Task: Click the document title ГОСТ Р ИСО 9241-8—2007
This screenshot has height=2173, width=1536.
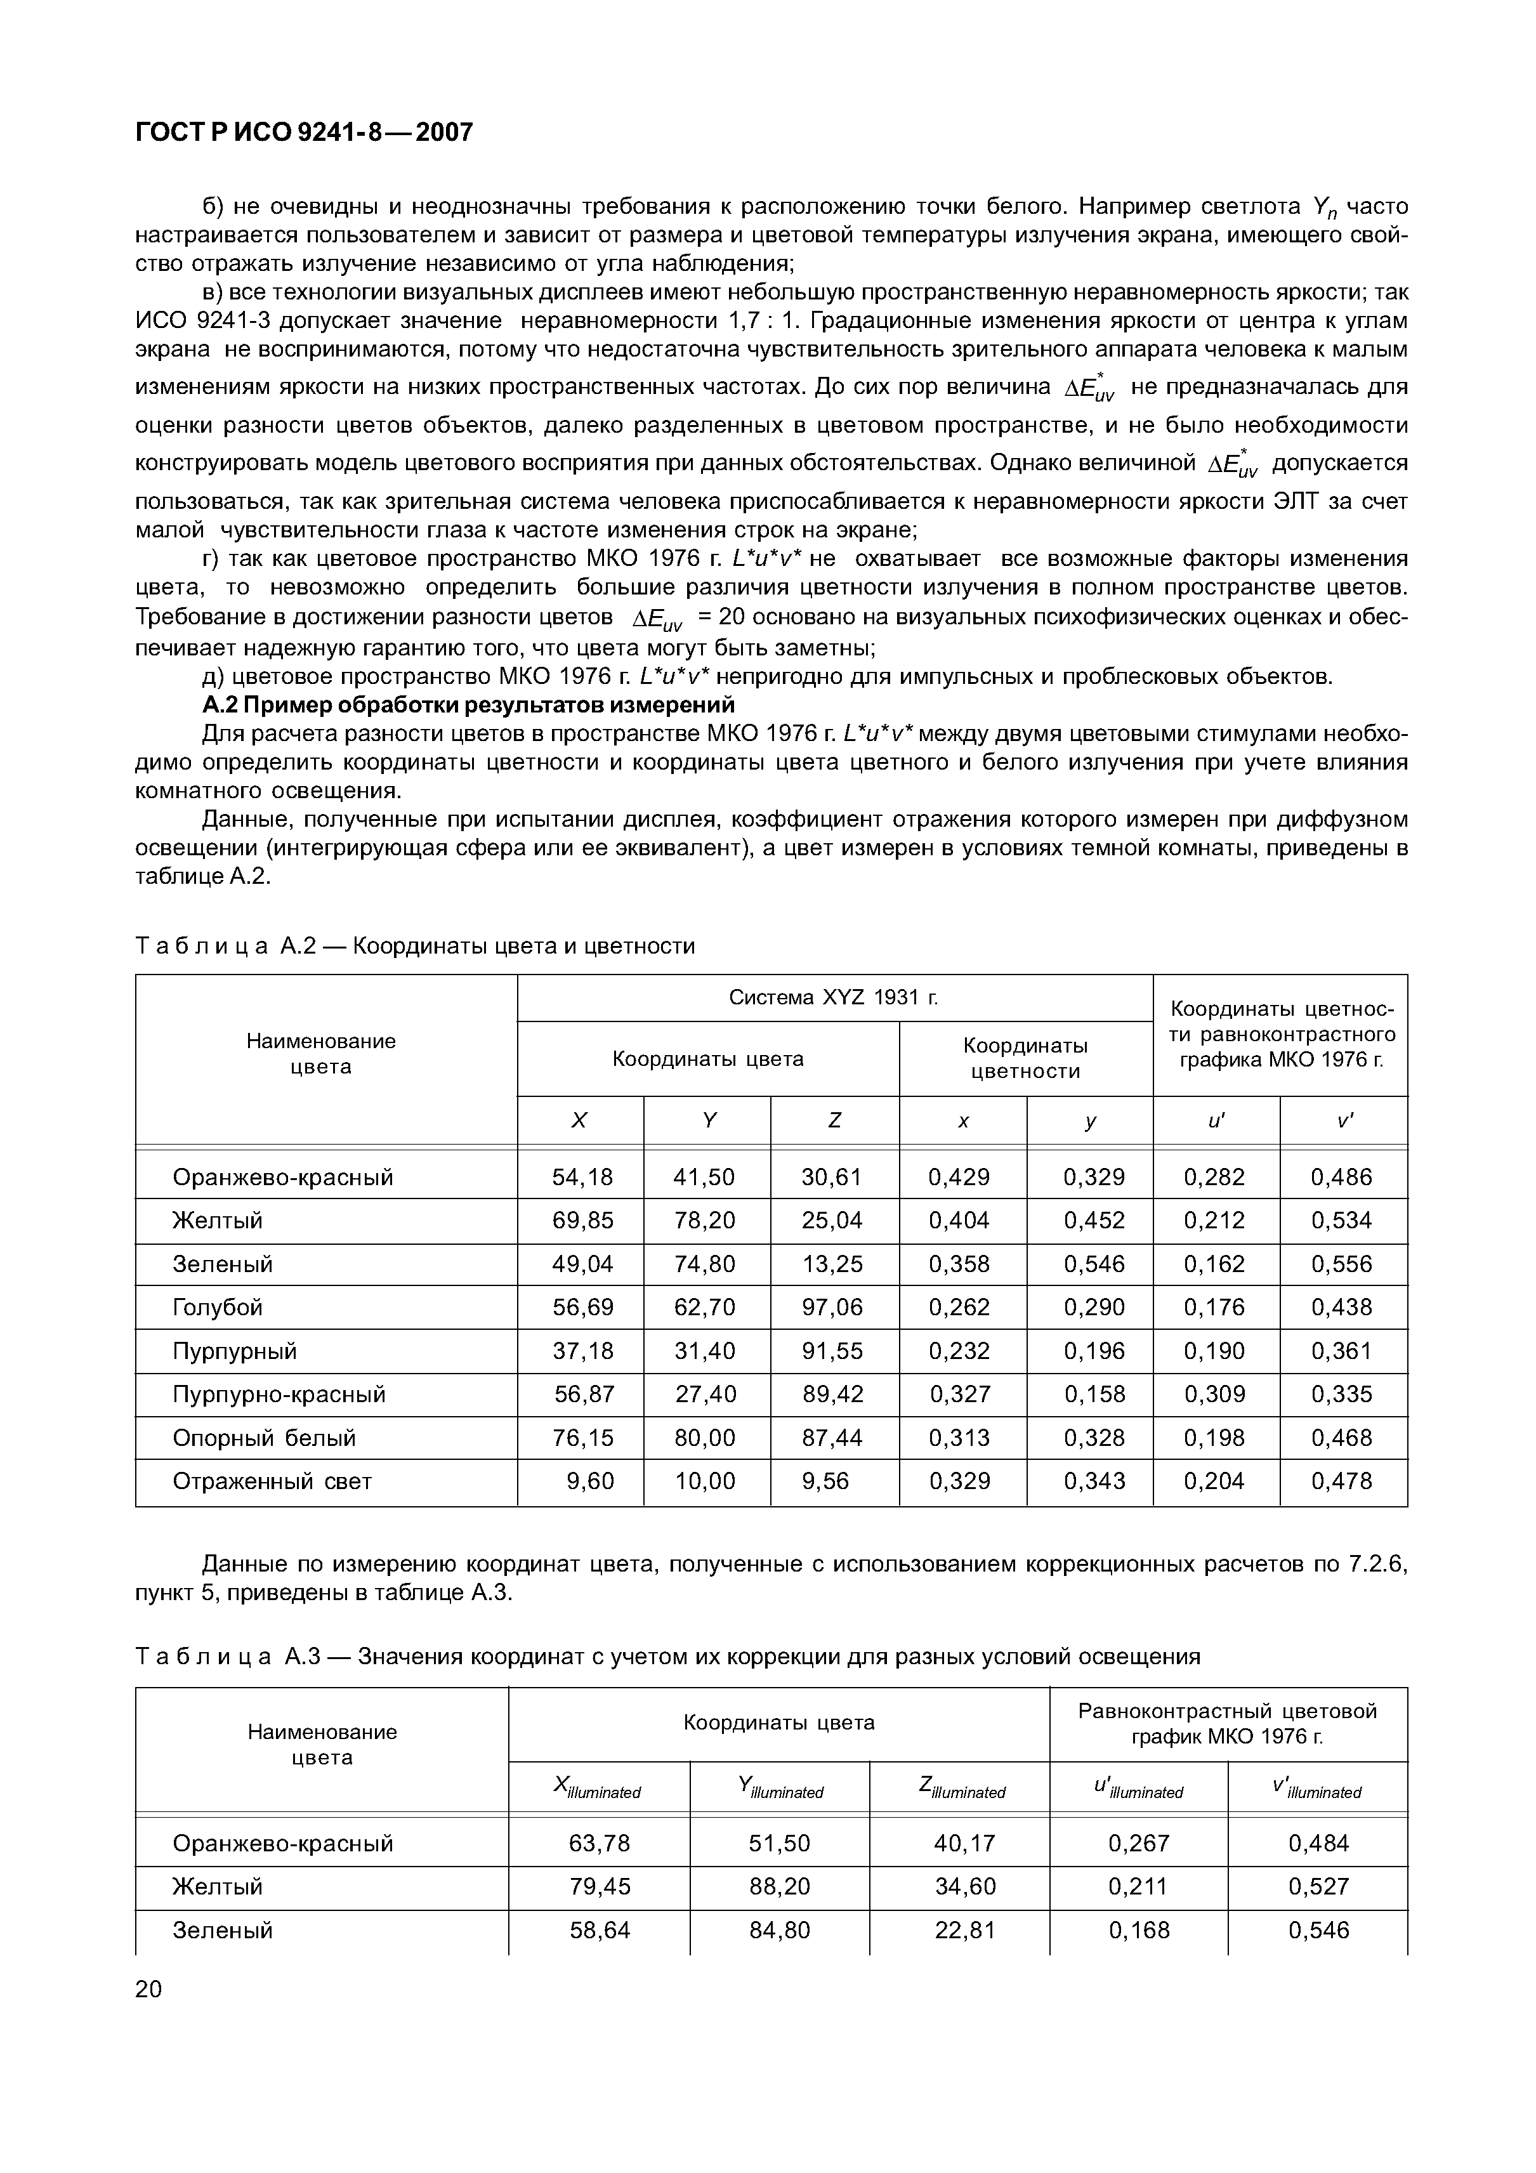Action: coord(304,133)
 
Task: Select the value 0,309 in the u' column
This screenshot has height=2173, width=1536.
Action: coord(1214,1394)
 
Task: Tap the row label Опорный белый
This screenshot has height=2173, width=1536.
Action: coord(264,1438)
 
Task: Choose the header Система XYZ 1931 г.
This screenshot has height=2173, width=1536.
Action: coord(833,997)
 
